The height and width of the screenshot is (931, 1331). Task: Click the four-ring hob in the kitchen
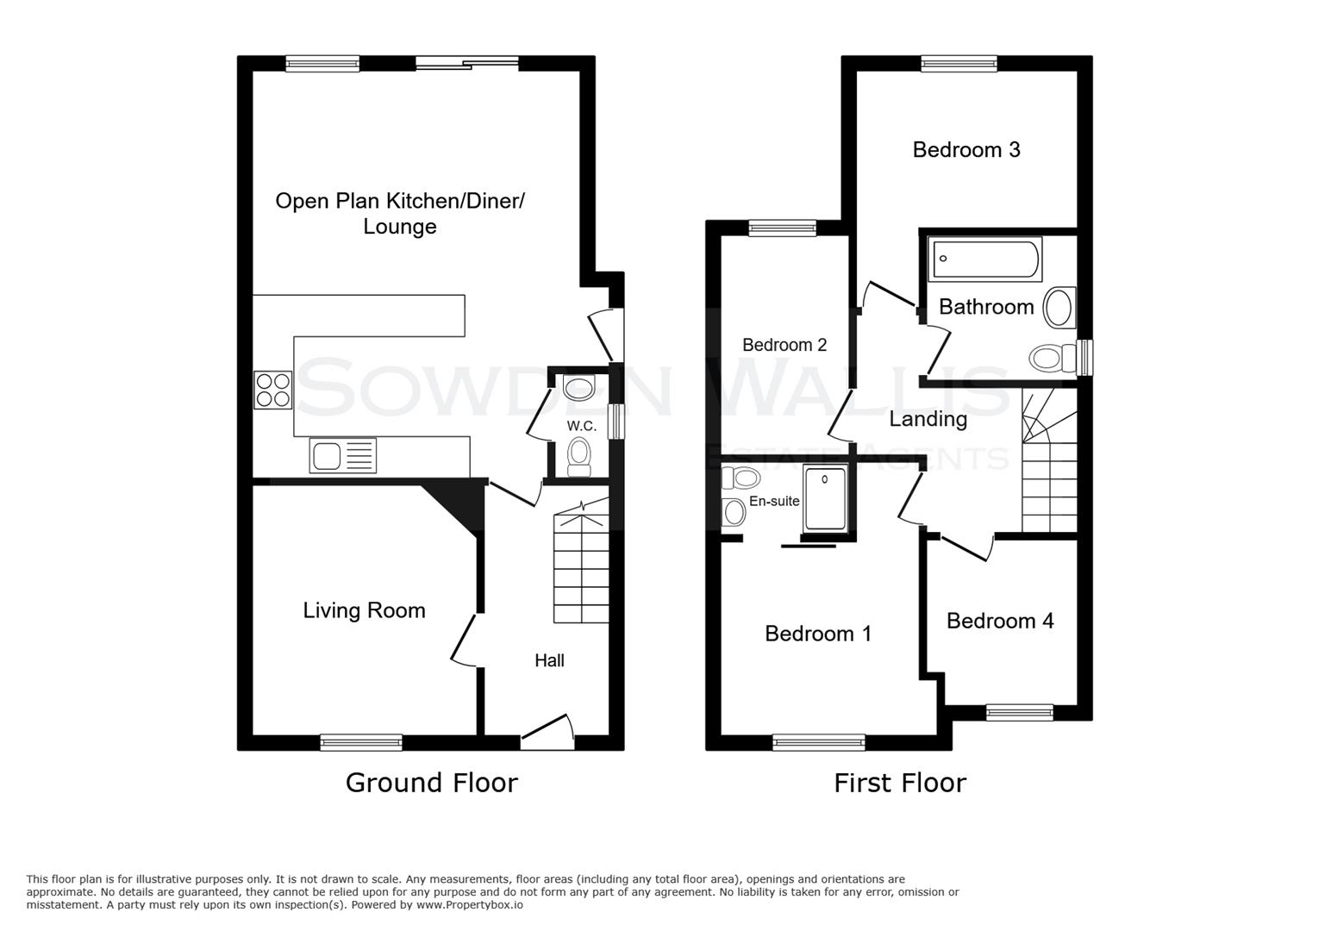pyautogui.click(x=273, y=390)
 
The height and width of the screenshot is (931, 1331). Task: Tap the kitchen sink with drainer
pyautogui.click(x=343, y=455)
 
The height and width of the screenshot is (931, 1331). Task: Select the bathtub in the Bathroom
pyautogui.click(x=984, y=260)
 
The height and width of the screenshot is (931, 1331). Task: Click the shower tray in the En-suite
pyautogui.click(x=826, y=498)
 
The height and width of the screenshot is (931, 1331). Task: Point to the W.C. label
pyautogui.click(x=581, y=426)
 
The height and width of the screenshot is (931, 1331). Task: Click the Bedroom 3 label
pyautogui.click(x=965, y=150)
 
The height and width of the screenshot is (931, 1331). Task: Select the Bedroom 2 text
pyautogui.click(x=784, y=345)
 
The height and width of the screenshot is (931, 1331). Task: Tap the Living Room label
pyautogui.click(x=364, y=610)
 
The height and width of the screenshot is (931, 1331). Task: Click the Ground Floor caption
pyautogui.click(x=431, y=783)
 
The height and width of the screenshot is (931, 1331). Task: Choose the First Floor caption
pyautogui.click(x=899, y=783)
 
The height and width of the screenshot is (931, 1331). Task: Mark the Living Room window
pyautogui.click(x=361, y=742)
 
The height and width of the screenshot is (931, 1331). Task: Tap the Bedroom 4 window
pyautogui.click(x=1019, y=712)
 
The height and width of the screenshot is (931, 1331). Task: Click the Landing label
pyautogui.click(x=928, y=420)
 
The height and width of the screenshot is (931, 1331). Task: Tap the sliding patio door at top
pyautogui.click(x=466, y=63)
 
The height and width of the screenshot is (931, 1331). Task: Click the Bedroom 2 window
pyautogui.click(x=782, y=228)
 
